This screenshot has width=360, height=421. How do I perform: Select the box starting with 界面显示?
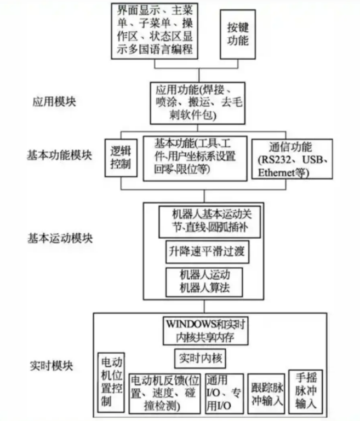[155, 30]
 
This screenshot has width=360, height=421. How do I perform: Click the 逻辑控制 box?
[121, 158]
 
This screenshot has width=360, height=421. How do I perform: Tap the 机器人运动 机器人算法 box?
[203, 281]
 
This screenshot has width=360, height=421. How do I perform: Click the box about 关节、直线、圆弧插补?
[203, 219]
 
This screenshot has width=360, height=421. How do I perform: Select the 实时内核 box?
[199, 359]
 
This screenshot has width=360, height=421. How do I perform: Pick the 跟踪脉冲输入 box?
[266, 393]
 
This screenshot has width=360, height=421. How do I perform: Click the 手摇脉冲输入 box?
[305, 390]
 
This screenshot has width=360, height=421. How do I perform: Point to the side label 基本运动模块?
[60, 239]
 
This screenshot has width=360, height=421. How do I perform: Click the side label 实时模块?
[52, 366]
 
